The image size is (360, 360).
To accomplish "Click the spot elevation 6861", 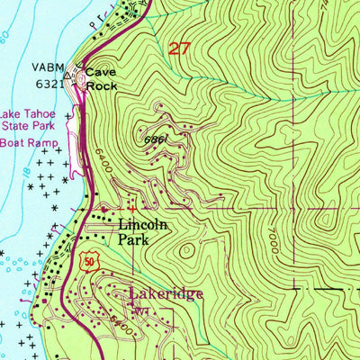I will [x=155, y=140].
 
